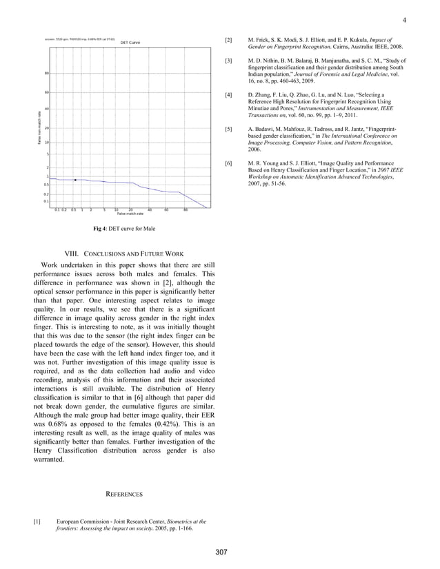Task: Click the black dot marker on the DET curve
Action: (x=75, y=180)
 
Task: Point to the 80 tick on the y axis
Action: (x=46, y=74)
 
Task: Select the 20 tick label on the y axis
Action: (x=46, y=128)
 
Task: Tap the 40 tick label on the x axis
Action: (x=150, y=209)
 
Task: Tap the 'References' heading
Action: (x=123, y=495)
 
